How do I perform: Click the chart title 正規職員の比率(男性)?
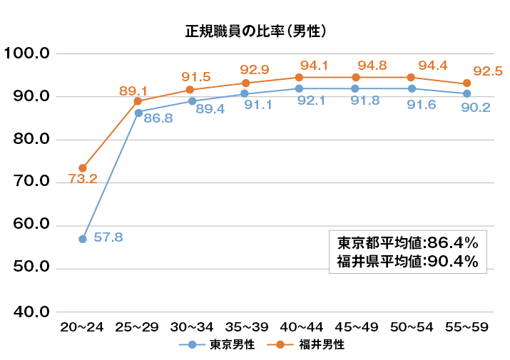(x=255, y=31)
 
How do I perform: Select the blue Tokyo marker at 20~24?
(x=83, y=239)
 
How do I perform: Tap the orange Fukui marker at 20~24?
(x=83, y=168)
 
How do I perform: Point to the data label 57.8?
(x=108, y=237)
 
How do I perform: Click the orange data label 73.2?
(x=83, y=179)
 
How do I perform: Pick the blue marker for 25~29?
(x=138, y=113)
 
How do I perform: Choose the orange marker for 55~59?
(x=466, y=83)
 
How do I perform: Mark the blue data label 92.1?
(x=312, y=101)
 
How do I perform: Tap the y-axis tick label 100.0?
(x=26, y=53)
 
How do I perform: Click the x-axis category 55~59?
(x=466, y=327)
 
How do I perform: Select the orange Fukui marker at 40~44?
(x=300, y=77)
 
